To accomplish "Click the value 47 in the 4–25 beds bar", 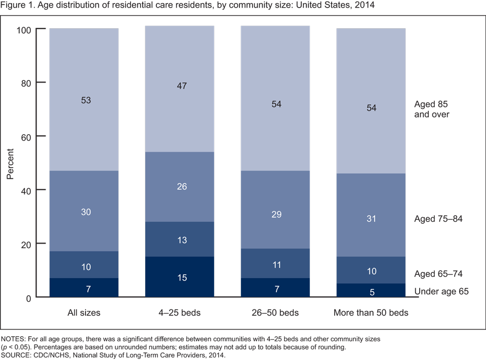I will [x=182, y=86].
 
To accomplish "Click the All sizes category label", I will [x=84, y=313].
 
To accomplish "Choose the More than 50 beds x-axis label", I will [x=371, y=313].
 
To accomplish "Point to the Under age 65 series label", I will [x=441, y=291].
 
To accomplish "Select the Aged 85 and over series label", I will [x=432, y=109].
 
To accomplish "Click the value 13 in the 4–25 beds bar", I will [x=182, y=239].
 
